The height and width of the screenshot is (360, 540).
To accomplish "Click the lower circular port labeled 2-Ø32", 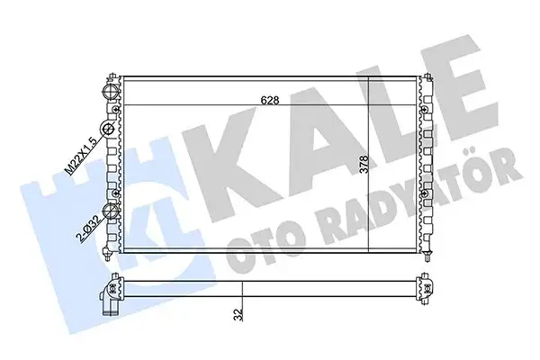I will tap(112, 213).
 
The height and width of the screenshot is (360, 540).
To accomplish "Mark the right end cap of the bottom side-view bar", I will tap(426, 285).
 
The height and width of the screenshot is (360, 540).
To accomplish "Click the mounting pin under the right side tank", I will tap(426, 261).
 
